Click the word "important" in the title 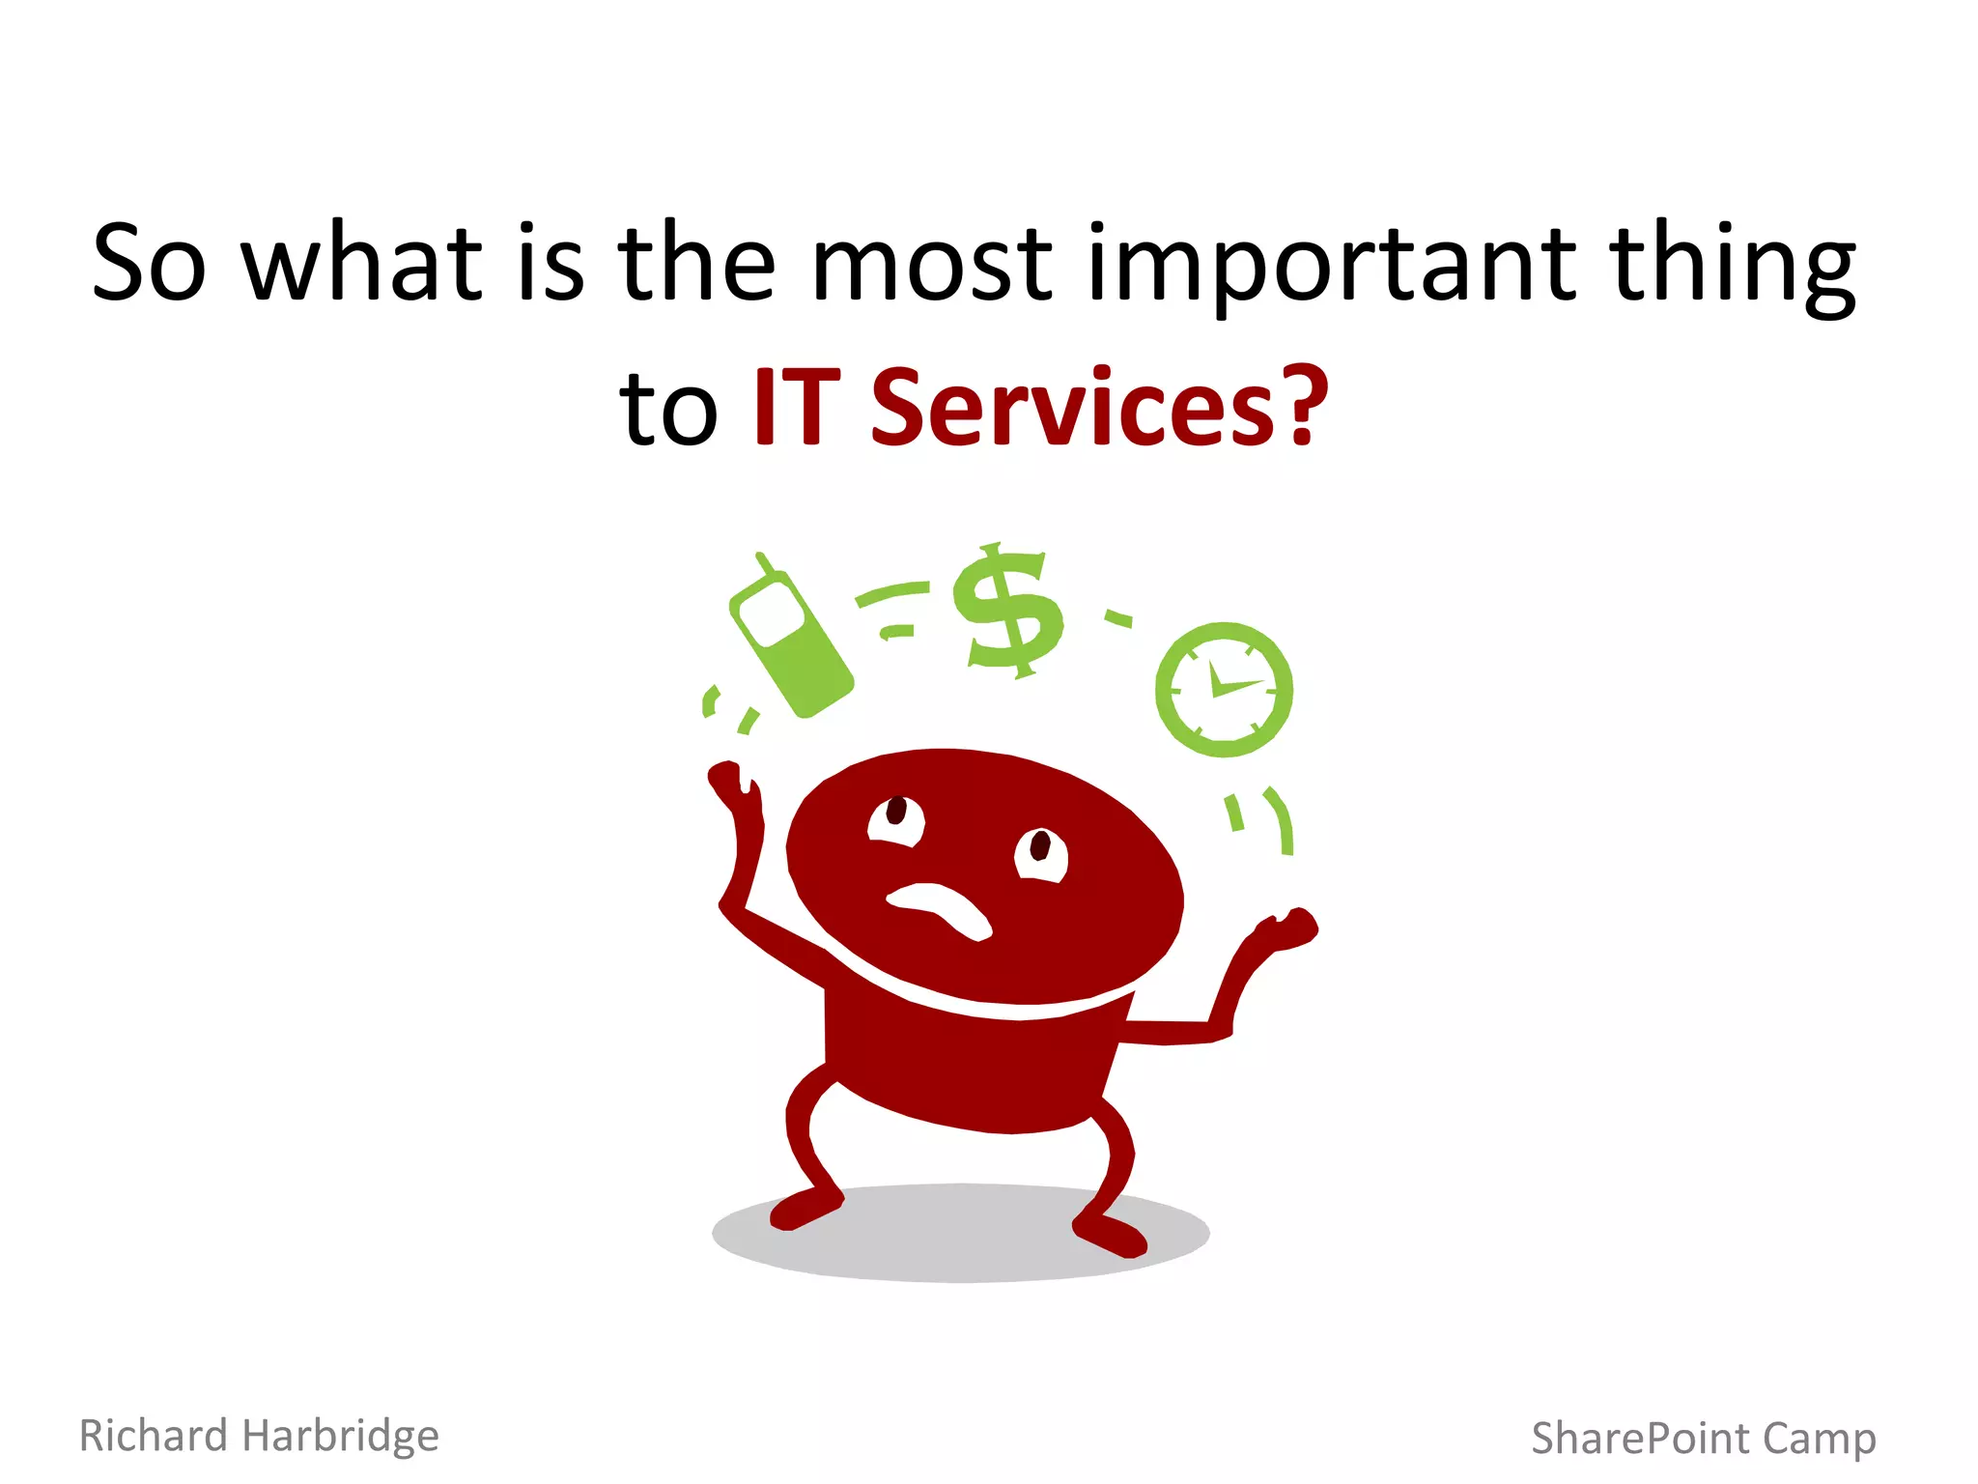coord(1330,263)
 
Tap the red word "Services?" coord(1099,408)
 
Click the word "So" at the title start coord(149,263)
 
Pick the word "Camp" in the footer coord(1820,1439)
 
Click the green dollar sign coord(1007,609)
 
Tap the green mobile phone coord(789,641)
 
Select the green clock coord(1224,689)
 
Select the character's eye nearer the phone coord(895,819)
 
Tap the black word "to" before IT coord(668,410)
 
